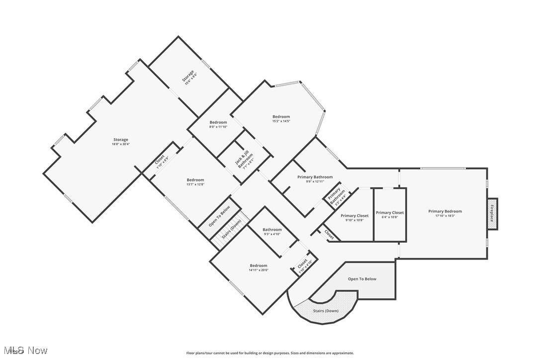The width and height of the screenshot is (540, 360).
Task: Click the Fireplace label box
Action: (492, 213)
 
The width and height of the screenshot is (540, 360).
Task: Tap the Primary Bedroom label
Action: (445, 211)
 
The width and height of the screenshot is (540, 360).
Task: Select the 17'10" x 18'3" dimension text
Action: (445, 216)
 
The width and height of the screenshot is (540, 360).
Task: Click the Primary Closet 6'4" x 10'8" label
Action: (390, 215)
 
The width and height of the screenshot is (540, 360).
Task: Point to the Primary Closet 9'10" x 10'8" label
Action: (355, 218)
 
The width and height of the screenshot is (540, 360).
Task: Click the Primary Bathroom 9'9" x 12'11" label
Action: (315, 179)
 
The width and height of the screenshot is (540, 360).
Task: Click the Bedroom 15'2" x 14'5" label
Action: (281, 118)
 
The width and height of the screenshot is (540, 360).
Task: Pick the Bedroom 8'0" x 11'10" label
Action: (218, 124)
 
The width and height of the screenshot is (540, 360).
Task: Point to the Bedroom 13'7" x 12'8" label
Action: (195, 182)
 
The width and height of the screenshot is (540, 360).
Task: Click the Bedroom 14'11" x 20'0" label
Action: (259, 268)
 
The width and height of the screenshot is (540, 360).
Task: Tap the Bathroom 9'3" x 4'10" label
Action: (272, 232)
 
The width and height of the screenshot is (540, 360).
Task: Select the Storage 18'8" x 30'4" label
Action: (120, 142)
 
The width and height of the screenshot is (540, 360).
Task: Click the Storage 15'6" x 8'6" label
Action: (189, 78)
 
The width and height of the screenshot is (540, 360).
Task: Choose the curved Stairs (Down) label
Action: (326, 311)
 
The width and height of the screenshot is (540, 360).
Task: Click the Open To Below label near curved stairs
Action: (362, 279)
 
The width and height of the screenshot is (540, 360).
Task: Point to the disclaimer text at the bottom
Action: (270, 353)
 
